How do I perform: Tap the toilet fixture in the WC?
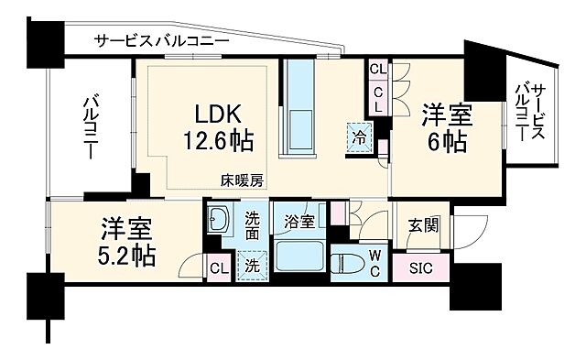350,264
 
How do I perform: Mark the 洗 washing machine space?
250,267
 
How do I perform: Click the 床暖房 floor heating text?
241,180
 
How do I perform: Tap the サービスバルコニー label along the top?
161,40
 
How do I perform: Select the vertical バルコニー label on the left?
91,127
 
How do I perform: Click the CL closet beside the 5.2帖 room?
218,268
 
